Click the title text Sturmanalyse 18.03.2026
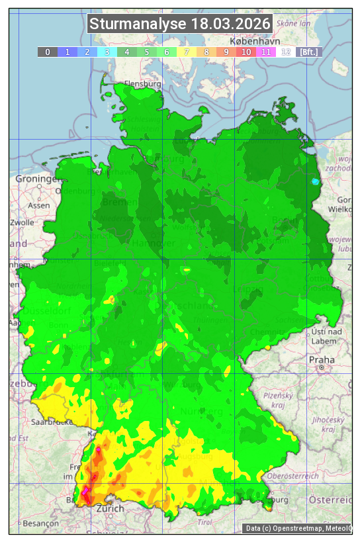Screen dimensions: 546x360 180,24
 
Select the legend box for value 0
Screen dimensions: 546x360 48,52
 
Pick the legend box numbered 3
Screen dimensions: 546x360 107,52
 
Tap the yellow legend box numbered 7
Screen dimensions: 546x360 187,52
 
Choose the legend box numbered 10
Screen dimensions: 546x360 246,52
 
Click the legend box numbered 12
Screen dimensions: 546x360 286,52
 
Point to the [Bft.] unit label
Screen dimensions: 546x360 308,52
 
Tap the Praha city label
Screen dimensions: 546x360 322,359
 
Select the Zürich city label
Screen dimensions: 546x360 110,508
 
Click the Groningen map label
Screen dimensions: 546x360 37,179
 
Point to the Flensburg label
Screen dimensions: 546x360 142,85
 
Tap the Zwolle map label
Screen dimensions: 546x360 22,222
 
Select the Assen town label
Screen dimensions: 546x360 39,205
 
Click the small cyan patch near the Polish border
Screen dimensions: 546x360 315,181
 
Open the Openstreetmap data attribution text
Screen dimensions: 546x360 298,528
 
